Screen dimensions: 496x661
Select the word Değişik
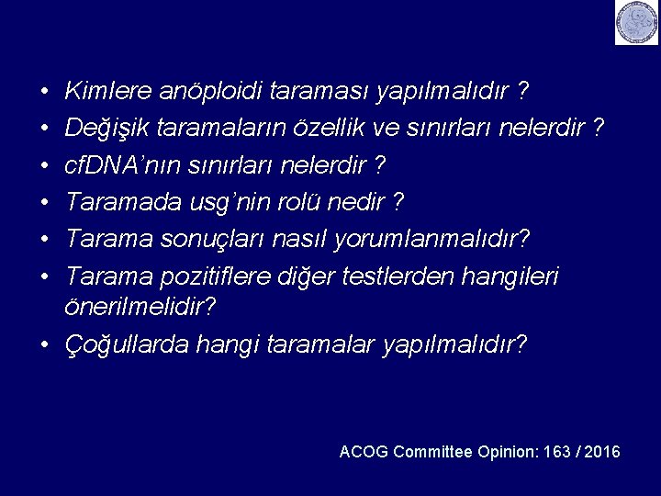(x=106, y=129)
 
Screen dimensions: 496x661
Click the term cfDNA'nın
(x=113, y=165)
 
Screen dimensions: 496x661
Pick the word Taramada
(x=112, y=202)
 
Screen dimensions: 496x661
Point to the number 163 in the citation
(x=556, y=452)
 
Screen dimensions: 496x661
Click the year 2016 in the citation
(x=602, y=452)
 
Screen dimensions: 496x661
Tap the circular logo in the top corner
(x=637, y=23)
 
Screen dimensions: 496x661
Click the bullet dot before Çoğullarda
(x=44, y=346)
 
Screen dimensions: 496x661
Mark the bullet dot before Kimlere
(x=44, y=93)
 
